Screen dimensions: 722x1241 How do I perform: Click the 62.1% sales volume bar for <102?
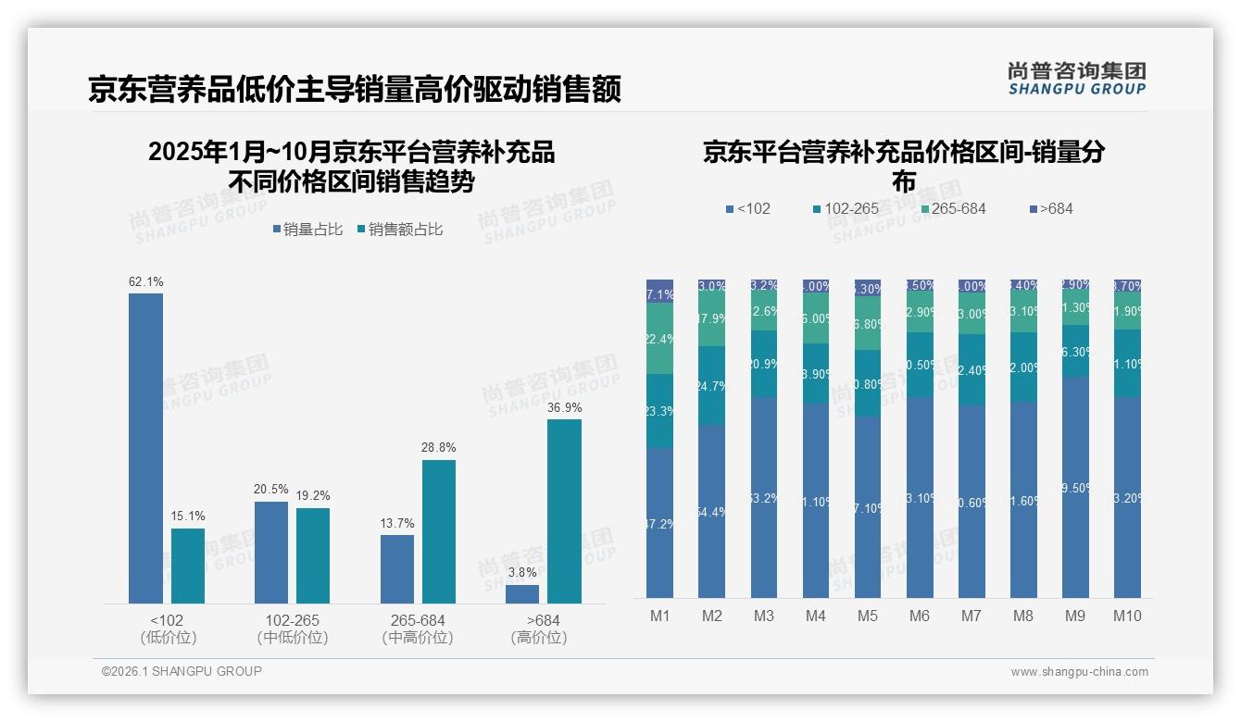click(145, 448)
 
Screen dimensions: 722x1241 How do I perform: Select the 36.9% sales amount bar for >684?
click(564, 511)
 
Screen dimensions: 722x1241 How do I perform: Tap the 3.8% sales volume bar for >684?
click(522, 593)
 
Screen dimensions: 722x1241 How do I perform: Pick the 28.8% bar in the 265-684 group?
click(439, 531)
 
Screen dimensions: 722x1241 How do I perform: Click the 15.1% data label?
click(188, 517)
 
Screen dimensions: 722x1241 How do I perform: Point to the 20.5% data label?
click(270, 490)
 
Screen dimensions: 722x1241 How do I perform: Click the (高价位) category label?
click(538, 638)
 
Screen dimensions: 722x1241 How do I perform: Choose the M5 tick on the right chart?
click(867, 616)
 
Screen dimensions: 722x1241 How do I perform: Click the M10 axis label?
click(1127, 616)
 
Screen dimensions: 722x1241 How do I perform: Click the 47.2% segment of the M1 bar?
click(659, 523)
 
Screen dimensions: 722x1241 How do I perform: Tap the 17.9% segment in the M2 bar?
click(711, 319)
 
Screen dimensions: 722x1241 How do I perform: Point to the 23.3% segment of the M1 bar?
click(659, 411)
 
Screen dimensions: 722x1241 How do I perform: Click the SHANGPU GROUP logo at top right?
click(1076, 79)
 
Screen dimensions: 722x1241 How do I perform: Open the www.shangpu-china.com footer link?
click(1079, 672)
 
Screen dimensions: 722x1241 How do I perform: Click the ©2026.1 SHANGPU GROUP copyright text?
click(182, 671)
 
